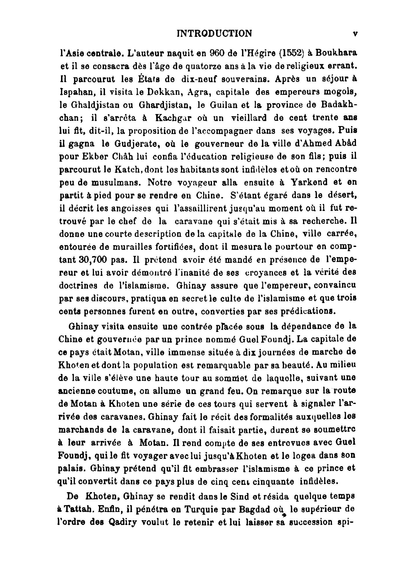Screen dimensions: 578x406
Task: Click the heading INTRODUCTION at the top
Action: [x=214, y=34]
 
